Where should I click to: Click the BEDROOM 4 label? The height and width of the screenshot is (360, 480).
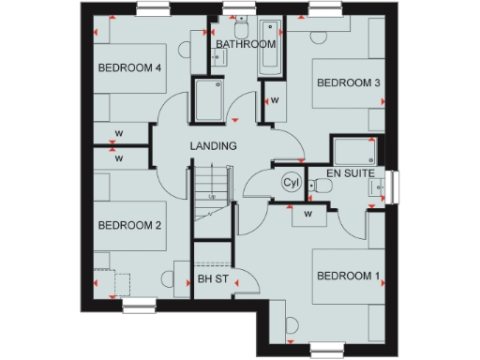pos(131,67)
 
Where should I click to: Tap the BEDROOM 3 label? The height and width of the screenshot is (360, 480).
pos(348,83)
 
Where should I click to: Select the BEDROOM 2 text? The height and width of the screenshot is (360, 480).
pos(131,225)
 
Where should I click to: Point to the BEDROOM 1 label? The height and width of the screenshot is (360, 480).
pos(348,276)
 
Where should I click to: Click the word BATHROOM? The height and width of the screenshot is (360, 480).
pos(246,44)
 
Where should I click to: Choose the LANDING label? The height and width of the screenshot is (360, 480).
pos(213,146)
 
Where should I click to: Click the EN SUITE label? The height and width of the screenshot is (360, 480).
pos(351,174)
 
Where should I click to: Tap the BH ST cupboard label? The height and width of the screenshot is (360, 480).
pos(213,279)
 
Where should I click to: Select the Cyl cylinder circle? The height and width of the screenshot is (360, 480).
pos(291,183)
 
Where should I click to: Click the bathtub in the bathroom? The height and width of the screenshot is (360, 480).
pos(269,47)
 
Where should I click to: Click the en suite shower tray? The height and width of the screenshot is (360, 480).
pos(355,150)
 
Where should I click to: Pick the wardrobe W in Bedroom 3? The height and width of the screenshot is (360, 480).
pos(275,99)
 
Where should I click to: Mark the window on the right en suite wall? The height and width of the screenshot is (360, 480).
pos(393,186)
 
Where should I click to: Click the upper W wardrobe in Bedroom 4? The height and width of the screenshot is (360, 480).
pos(120,131)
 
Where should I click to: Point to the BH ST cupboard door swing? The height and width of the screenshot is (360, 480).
pos(243,282)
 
